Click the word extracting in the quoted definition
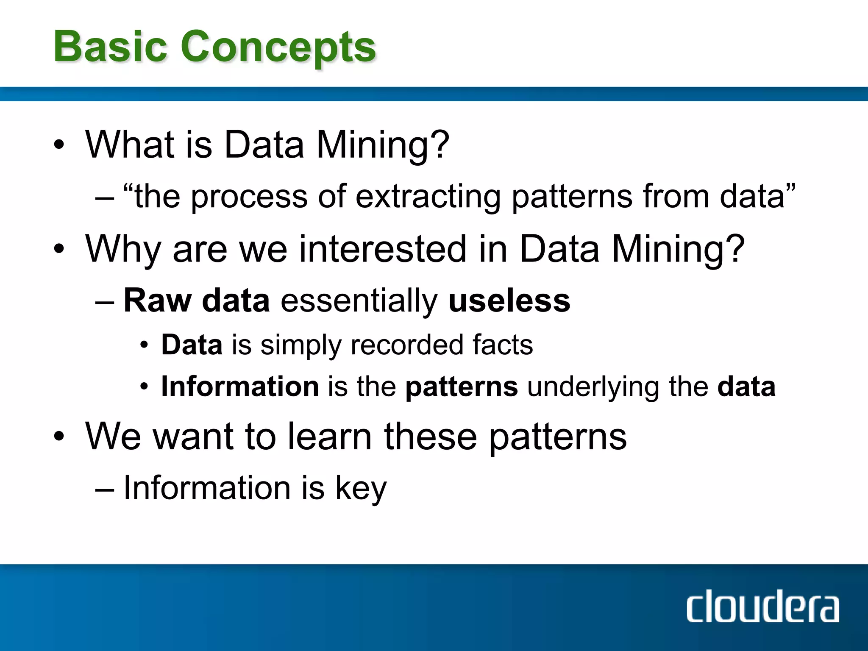click(x=428, y=197)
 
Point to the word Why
click(x=123, y=249)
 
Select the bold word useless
click(x=509, y=301)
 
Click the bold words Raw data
click(x=196, y=301)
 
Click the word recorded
click(x=406, y=345)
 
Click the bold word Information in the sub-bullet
click(x=240, y=387)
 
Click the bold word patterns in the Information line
click(x=462, y=387)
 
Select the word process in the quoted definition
click(x=249, y=198)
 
